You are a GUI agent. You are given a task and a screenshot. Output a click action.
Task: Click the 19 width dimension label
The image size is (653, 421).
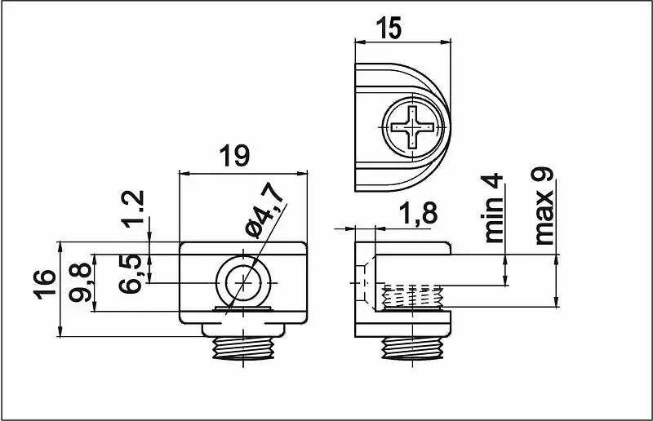[235, 155]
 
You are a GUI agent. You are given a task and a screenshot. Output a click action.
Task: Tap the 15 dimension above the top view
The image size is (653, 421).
[389, 28]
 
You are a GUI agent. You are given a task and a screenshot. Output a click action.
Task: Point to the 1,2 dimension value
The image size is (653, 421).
[134, 209]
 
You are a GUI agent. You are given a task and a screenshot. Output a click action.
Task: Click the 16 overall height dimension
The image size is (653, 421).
[45, 285]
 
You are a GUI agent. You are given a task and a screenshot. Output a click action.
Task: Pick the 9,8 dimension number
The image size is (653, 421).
[80, 282]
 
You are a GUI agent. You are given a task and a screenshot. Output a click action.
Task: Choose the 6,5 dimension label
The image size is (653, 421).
[131, 273]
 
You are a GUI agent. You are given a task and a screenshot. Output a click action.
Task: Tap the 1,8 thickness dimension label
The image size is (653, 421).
[418, 213]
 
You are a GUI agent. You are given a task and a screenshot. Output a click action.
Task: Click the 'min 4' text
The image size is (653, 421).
[494, 209]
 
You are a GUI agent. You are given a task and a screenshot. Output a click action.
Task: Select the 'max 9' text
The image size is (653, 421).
[544, 206]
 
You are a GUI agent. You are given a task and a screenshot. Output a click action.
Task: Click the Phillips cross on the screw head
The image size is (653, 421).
[413, 126]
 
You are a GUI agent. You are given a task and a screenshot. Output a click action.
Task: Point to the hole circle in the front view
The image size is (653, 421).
[243, 284]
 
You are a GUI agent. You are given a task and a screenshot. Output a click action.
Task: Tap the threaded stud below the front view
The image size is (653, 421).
[243, 348]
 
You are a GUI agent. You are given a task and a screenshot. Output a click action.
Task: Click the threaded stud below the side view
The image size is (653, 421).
[413, 348]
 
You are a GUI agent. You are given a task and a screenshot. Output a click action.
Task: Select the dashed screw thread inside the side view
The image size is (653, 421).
[412, 297]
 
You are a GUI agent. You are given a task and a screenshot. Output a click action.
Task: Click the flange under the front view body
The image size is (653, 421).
[243, 330]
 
